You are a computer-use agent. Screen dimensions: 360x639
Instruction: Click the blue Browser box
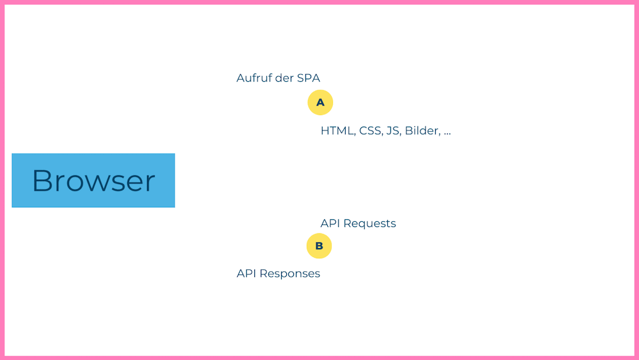point(93,180)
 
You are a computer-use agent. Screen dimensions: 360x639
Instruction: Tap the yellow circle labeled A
point(320,102)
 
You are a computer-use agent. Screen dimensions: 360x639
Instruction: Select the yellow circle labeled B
point(319,246)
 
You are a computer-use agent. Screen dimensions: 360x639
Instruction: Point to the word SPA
point(308,78)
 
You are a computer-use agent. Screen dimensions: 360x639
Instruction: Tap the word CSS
point(370,131)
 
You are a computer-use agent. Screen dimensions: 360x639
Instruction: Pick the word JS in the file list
point(393,131)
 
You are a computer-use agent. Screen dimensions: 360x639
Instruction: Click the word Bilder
point(422,131)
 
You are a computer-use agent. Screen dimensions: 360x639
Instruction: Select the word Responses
point(290,274)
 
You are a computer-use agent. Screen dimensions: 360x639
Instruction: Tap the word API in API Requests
point(330,223)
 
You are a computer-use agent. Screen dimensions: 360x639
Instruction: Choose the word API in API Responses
point(246,273)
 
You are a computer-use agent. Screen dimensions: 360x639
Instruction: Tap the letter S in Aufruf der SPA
point(300,78)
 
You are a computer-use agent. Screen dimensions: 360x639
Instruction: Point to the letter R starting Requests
point(347,223)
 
